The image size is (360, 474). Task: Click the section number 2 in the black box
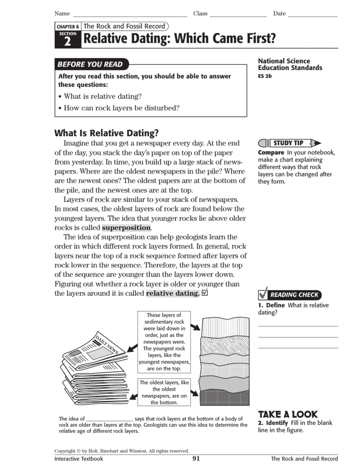[x=68, y=42]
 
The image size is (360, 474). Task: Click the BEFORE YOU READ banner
[x=90, y=64]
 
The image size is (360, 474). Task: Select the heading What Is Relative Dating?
[x=107, y=133]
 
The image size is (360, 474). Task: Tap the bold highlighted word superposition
[x=126, y=228]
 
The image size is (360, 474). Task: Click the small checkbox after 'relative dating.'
[x=205, y=293]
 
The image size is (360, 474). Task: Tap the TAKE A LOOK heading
[x=288, y=414]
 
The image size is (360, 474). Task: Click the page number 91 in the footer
[x=196, y=459]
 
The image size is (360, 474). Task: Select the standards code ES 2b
[x=265, y=76]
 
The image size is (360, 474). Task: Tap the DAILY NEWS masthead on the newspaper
[x=107, y=343]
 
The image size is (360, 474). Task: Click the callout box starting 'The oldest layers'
[x=164, y=393]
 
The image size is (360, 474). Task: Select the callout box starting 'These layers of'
[x=164, y=342]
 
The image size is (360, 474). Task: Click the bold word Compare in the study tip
[x=271, y=153]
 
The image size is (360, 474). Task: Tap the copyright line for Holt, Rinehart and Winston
[x=121, y=450]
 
